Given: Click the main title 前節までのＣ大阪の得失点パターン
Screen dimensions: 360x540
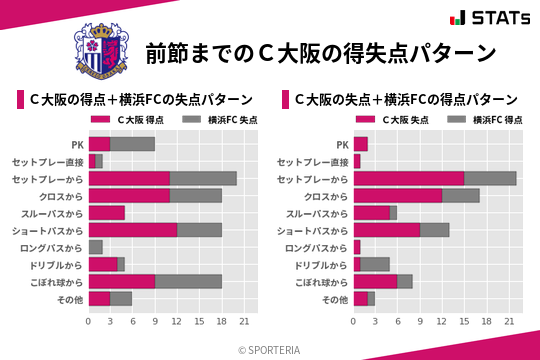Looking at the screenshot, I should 321,53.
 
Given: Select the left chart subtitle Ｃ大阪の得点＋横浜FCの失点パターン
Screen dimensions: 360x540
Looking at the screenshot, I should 139,100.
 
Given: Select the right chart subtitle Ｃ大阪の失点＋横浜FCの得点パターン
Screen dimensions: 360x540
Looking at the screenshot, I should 405,100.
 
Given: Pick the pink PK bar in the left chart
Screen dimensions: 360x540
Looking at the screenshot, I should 99,144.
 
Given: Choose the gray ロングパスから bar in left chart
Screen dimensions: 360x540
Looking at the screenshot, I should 95,247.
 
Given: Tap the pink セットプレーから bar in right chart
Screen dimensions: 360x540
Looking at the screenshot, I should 408,178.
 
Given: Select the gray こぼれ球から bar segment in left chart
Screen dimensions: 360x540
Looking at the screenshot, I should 188,281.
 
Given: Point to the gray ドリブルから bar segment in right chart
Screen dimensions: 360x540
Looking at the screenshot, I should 375,264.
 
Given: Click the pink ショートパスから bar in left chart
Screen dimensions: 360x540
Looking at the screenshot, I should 132,230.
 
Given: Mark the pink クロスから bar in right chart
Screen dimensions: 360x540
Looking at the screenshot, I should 397,195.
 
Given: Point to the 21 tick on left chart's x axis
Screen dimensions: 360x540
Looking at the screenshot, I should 241,322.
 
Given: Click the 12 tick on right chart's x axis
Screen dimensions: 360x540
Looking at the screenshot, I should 442,322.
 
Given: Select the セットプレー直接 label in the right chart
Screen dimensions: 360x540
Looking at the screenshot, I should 312,161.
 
